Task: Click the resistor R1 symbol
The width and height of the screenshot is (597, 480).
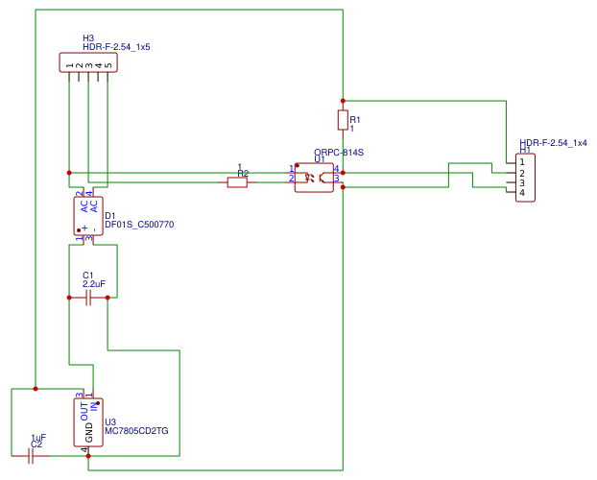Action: pos(342,119)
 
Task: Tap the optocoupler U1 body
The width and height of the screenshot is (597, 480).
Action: pos(314,178)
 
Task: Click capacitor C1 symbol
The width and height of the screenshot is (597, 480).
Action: pos(87,298)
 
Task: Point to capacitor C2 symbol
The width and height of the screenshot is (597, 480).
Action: pos(31,457)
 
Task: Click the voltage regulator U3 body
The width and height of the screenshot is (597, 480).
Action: pos(88,422)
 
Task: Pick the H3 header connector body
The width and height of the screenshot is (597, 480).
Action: pos(88,62)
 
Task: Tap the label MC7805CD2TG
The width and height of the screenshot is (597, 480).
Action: pos(136,432)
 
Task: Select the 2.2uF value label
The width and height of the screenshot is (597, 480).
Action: pos(93,284)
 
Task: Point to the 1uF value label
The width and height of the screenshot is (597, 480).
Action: pos(37,438)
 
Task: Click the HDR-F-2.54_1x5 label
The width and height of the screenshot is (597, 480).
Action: pos(116,46)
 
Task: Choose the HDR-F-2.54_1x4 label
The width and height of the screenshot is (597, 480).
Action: pos(553,142)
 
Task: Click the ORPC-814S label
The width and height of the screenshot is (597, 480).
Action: pos(339,153)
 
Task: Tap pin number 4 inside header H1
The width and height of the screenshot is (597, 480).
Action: pos(522,193)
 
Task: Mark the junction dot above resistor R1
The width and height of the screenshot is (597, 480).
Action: pos(342,100)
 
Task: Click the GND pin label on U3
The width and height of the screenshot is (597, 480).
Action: pos(89,431)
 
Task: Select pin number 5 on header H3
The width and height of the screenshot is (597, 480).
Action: pos(108,64)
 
